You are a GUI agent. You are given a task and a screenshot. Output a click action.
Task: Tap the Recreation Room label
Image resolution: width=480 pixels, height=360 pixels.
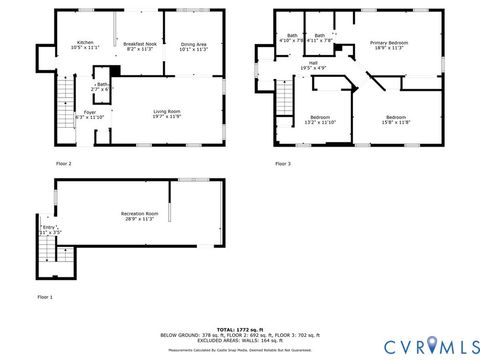tap(140, 216)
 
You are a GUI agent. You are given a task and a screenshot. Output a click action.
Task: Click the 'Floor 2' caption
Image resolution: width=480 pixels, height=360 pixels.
tap(63, 163)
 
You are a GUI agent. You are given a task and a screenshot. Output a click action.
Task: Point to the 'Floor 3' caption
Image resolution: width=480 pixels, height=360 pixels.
tap(283, 163)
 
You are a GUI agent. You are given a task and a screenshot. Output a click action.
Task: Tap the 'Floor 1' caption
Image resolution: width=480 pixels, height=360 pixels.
tap(45, 297)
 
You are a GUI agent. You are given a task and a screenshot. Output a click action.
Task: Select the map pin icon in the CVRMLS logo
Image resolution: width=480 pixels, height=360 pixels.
tap(432, 345)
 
